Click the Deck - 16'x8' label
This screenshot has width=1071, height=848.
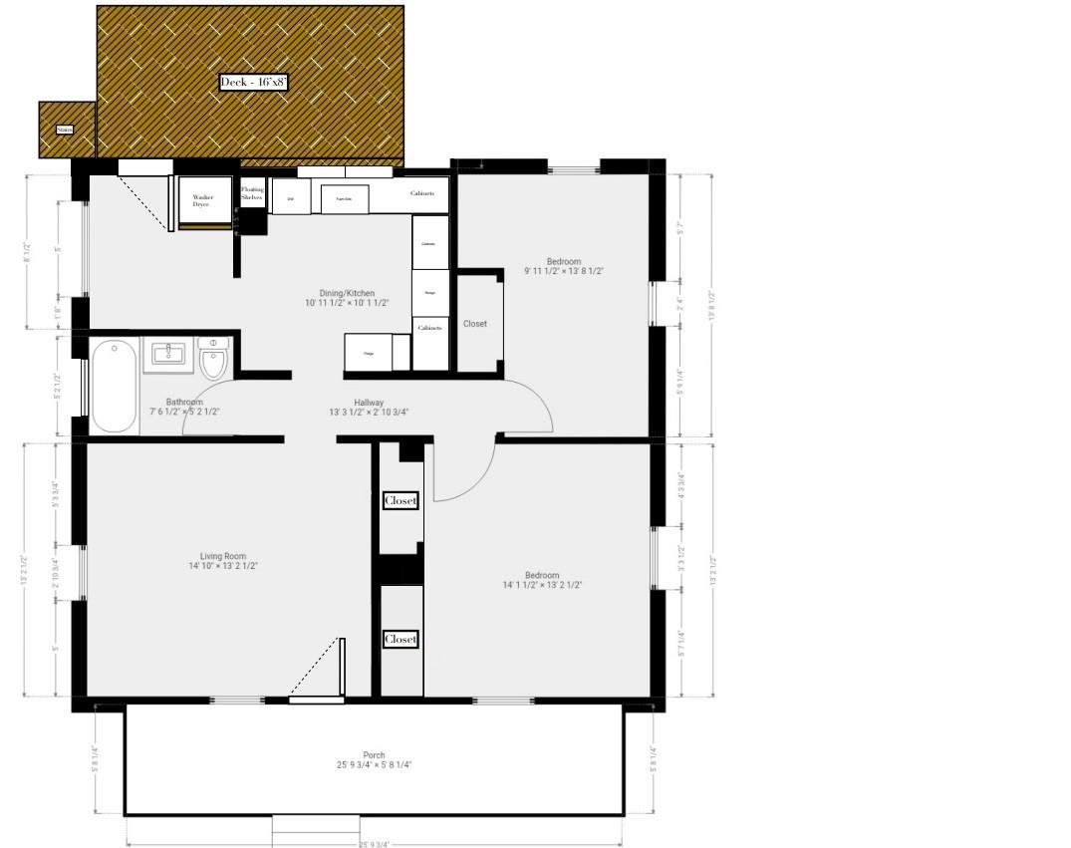click(254, 83)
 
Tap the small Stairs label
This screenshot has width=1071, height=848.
click(65, 130)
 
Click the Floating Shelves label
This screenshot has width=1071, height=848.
click(252, 193)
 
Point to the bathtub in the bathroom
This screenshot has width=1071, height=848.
click(113, 387)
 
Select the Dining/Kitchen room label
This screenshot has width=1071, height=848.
click(340, 298)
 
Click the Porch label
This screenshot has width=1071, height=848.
click(374, 760)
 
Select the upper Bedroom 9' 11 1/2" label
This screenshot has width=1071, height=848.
click(564, 266)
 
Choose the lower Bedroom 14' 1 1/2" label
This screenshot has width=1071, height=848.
click(542, 580)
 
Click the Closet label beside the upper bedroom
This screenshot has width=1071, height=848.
click(475, 324)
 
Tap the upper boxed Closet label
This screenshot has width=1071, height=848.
click(401, 500)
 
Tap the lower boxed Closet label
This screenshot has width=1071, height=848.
click(401, 639)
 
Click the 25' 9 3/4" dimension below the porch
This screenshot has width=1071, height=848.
click(373, 844)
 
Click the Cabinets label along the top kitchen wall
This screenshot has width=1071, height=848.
click(421, 193)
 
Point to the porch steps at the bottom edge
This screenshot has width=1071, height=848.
click(316, 824)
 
